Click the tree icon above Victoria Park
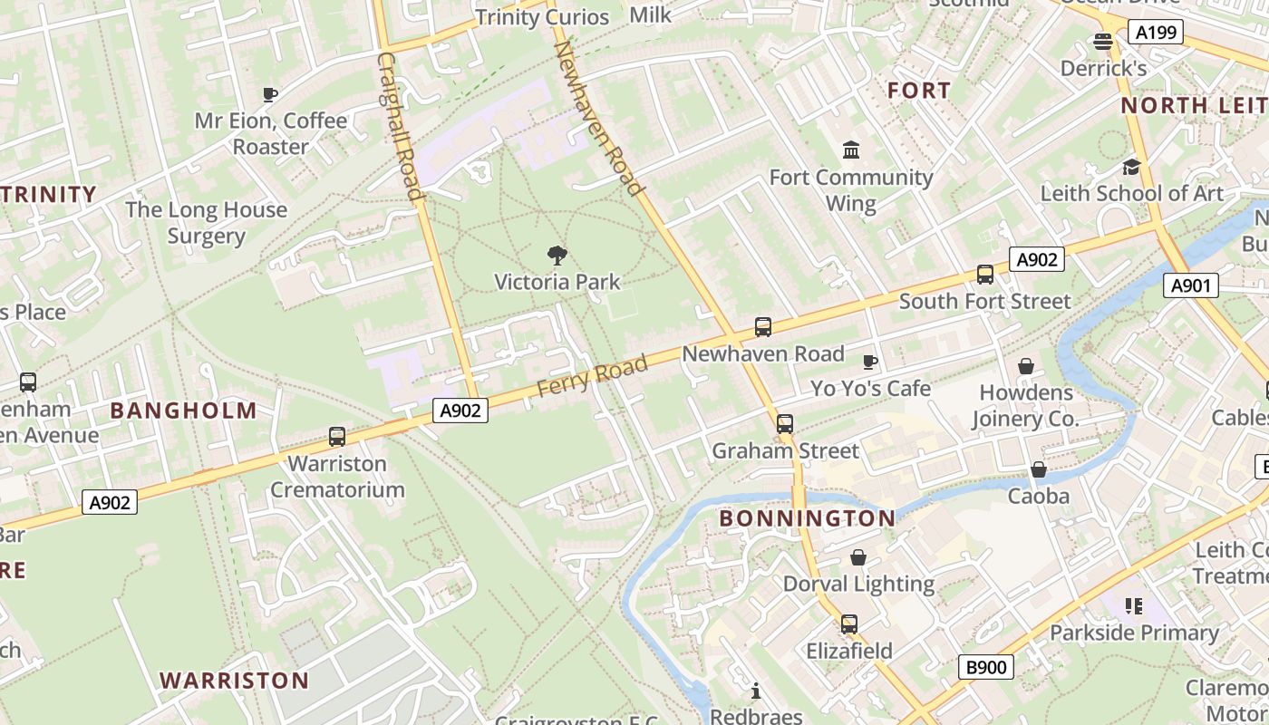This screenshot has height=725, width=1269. coord(557,256)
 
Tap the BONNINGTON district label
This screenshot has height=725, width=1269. coord(807,518)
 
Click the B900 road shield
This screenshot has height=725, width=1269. coord(986,668)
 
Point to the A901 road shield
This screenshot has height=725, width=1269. coord(1191,286)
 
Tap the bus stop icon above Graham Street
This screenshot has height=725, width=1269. coord(785,424)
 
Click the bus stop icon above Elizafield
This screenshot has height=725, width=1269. coord(849,624)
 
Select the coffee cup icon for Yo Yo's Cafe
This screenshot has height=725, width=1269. coord(870,362)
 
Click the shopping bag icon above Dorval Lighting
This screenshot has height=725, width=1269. coord(858,557)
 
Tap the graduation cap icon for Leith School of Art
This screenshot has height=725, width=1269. coord(1131,167)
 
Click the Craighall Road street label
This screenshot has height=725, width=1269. coord(400,126)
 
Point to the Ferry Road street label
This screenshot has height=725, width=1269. coord(593,376)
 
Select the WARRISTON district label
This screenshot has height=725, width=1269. coord(235,681)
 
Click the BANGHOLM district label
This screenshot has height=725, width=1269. coord(184,411)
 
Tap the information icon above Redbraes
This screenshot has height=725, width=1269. coord(756,692)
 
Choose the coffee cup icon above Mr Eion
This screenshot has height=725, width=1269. coord(269,94)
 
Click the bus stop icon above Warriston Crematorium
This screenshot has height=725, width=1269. coord(337,437)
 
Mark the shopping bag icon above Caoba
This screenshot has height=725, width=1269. coord(1039,469)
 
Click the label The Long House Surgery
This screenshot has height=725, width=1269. coord(206,223)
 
